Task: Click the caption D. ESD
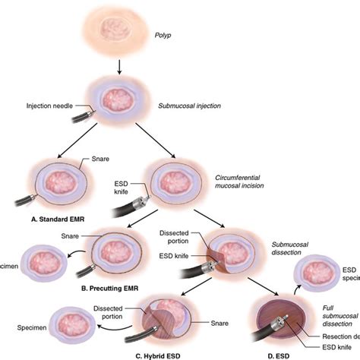tap(284, 355)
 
